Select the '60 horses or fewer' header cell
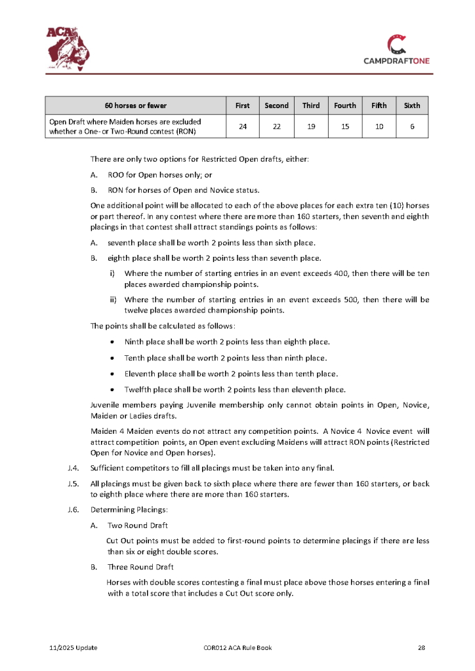(x=136, y=105)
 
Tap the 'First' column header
(x=243, y=105)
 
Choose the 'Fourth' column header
(x=345, y=105)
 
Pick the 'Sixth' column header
(x=412, y=105)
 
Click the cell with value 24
(x=243, y=126)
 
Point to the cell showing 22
(x=276, y=126)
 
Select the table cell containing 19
(x=311, y=126)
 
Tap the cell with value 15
(x=345, y=126)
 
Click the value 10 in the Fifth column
(x=379, y=126)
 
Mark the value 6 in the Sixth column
(x=412, y=126)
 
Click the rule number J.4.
(x=73, y=467)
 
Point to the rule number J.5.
(x=73, y=484)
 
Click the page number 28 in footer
(x=422, y=648)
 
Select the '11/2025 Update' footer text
(x=73, y=648)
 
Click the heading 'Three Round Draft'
(x=140, y=567)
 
